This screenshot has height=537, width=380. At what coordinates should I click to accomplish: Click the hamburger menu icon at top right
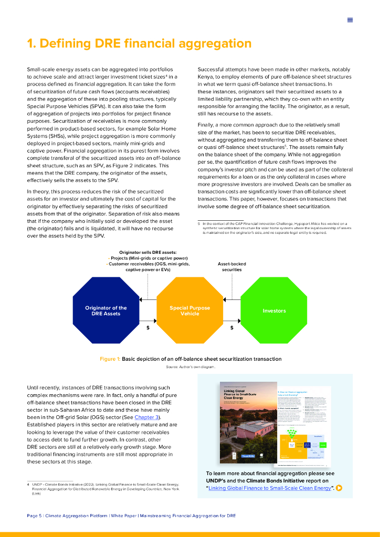350,20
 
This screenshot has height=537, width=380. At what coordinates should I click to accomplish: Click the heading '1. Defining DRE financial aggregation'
139,44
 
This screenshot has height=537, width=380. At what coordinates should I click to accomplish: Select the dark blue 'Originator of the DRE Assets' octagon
106,310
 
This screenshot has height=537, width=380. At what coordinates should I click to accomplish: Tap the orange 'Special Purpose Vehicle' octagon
189,310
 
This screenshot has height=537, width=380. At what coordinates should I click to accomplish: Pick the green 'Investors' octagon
273,310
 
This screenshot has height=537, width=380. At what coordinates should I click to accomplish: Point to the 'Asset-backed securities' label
229,266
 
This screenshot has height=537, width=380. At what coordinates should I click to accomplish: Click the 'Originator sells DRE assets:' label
147,252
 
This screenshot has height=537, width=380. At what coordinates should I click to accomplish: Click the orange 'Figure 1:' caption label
110,359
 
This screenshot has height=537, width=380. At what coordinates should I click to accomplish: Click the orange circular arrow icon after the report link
339,488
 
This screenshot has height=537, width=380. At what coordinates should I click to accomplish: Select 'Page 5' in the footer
34,516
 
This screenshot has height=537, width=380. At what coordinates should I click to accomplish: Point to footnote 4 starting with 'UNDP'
105,488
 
